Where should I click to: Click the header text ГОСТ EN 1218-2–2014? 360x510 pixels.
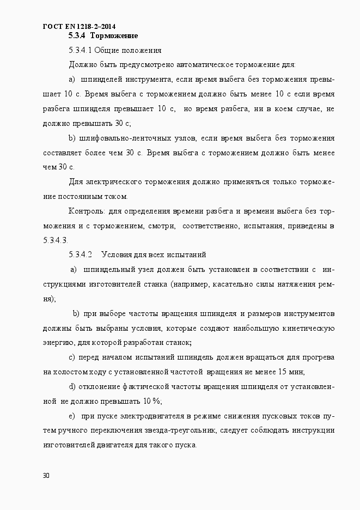click(x=78, y=26)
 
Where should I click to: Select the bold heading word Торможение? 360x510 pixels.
click(x=114, y=36)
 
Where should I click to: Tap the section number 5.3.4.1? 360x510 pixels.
click(x=82, y=51)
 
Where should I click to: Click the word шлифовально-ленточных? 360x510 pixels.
click(x=124, y=138)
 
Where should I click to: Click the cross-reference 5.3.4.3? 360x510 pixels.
click(x=54, y=240)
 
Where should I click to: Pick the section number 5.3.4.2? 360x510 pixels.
click(x=82, y=254)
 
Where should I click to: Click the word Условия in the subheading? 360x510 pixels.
click(x=117, y=254)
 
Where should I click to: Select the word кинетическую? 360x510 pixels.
click(x=307, y=328)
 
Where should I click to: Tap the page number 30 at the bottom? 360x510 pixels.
click(x=46, y=475)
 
